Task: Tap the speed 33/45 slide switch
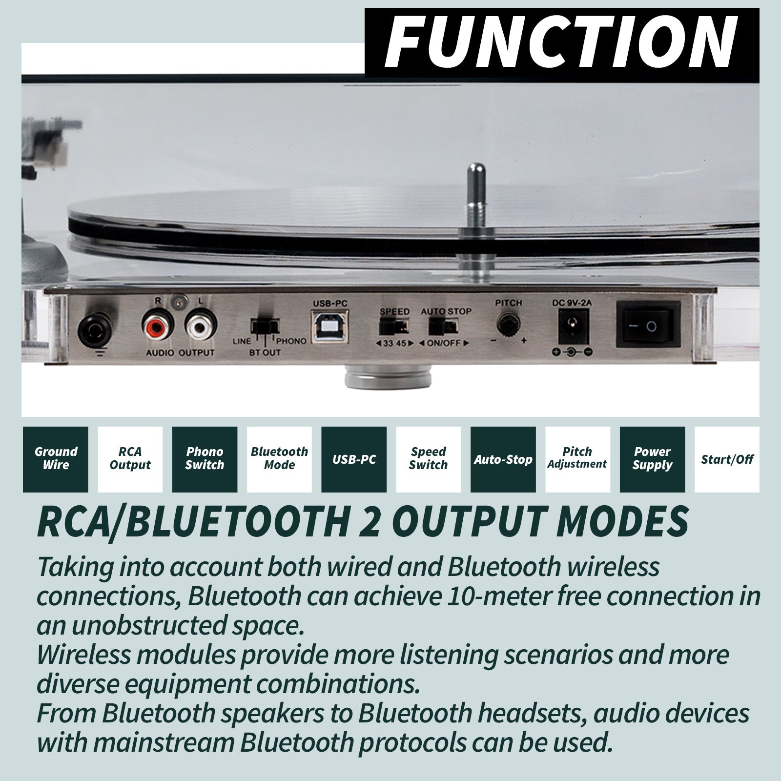[394, 326]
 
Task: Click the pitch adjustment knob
[509, 325]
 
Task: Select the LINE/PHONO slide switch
[265, 326]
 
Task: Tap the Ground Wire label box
[56, 459]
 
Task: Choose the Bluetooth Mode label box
[279, 459]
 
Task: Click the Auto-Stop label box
[503, 459]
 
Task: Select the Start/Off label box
[727, 459]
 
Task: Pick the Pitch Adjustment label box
[577, 459]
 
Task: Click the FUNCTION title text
[561, 42]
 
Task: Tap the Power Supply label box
[652, 459]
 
